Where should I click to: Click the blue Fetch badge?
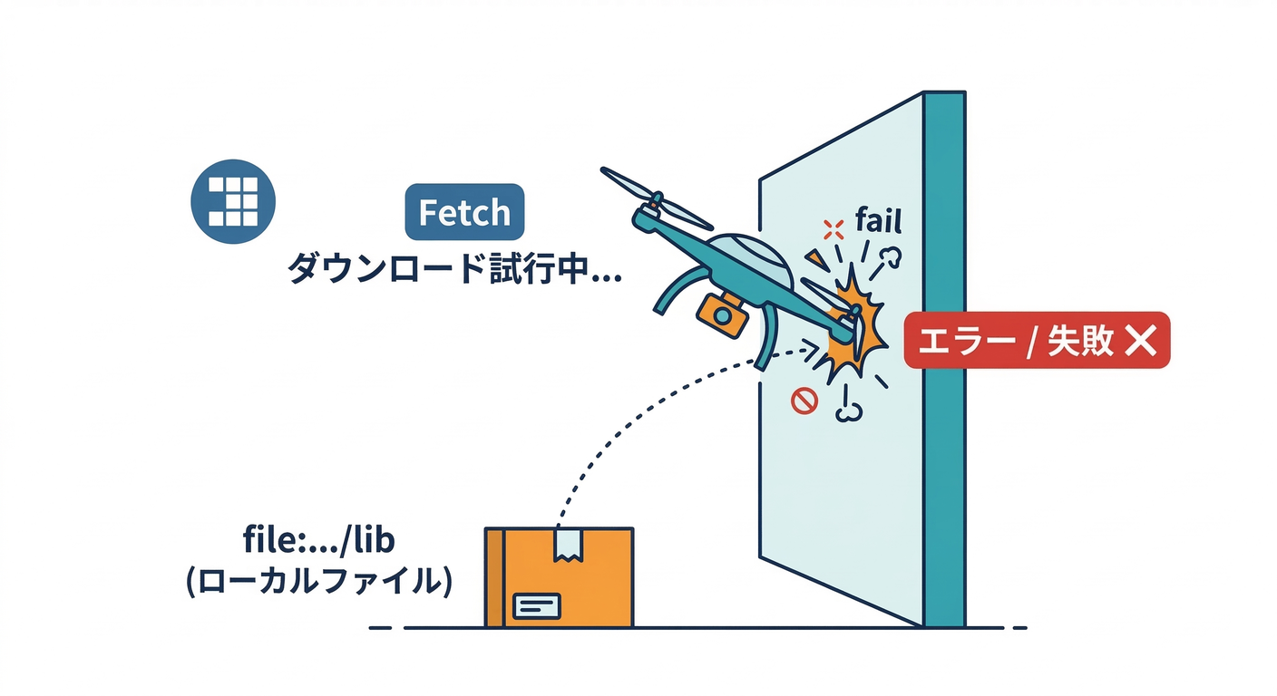click(x=463, y=213)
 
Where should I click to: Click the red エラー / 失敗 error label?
click(x=1037, y=341)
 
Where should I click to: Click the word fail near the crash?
click(x=878, y=220)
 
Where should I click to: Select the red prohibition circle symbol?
click(x=804, y=400)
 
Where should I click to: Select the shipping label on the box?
click(x=537, y=604)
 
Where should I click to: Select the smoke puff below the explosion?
click(x=849, y=411)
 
